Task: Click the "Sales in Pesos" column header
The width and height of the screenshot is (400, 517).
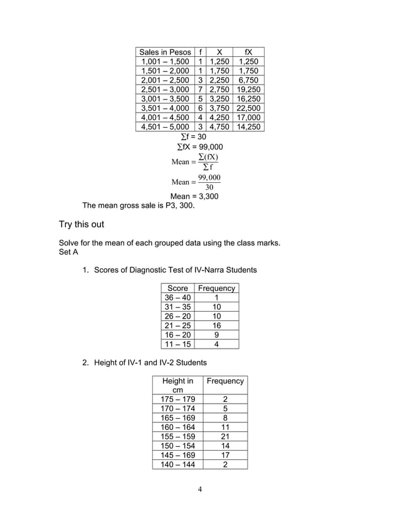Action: coord(166,52)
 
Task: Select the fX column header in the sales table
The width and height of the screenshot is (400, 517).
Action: coord(248,52)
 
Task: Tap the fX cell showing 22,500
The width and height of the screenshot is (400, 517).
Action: coord(248,108)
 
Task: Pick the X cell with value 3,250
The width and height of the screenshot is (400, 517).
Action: coord(219,98)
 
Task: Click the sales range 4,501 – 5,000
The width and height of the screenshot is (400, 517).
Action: coord(166,126)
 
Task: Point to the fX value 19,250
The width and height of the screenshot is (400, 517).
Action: coord(248,89)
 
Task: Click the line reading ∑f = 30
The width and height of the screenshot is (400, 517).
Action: coord(193,136)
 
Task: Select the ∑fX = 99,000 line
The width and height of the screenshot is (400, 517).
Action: coord(199,147)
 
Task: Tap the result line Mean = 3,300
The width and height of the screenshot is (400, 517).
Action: coord(194,196)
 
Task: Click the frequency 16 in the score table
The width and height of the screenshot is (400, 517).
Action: coord(216,325)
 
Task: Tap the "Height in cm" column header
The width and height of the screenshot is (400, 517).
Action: coord(177,385)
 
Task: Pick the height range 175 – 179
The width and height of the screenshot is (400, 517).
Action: coord(177,399)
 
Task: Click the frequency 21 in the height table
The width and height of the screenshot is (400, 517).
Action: coord(224,436)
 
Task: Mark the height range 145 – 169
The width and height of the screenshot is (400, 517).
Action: coord(177,455)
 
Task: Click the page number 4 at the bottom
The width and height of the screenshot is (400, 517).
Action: coord(199,489)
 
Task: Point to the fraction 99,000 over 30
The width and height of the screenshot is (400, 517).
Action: coord(209,182)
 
